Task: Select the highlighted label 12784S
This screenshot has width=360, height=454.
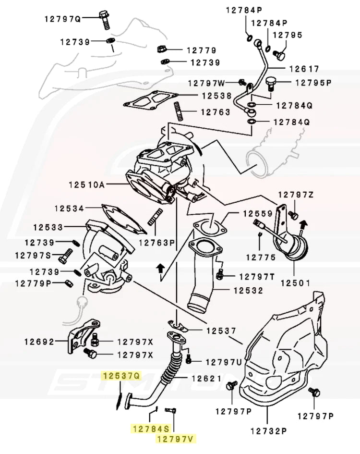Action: pyautogui.click(x=151, y=428)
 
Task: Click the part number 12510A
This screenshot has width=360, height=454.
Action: pyautogui.click(x=87, y=184)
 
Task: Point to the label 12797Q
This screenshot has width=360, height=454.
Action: pyautogui.click(x=63, y=19)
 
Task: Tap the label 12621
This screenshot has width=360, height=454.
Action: pyautogui.click(x=206, y=379)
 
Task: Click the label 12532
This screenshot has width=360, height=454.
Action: pyautogui.click(x=248, y=291)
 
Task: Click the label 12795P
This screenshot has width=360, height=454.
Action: pyautogui.click(x=313, y=83)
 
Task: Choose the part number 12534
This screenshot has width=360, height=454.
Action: pyautogui.click(x=69, y=209)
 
